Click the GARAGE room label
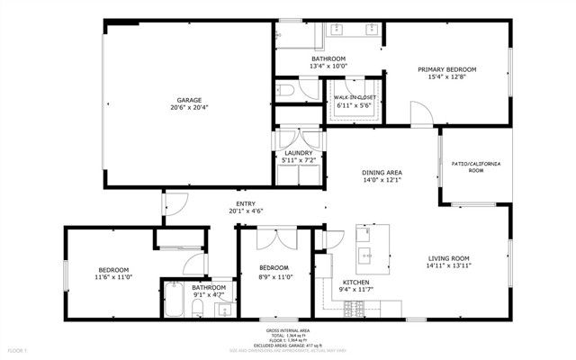[188, 100]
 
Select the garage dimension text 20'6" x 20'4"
[188, 108]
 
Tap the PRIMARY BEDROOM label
[446, 69]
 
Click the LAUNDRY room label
[298, 153]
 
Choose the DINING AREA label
[382, 172]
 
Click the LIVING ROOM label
[448, 257]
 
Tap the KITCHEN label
[355, 282]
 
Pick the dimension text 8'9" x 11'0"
[274, 276]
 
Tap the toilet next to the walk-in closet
[283, 90]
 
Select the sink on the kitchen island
[368, 255]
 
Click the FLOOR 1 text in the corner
[19, 348]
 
